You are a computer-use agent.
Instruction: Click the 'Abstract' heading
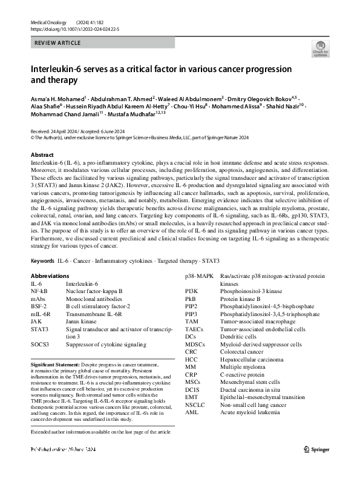click(42, 155)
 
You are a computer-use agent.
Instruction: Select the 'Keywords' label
click(42, 277)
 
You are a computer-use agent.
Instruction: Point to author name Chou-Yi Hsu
click(190, 105)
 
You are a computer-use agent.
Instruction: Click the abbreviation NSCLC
click(195, 405)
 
